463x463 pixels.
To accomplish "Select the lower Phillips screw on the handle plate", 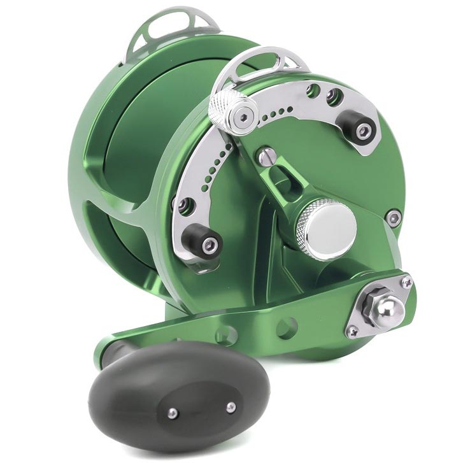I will point(352,331).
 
